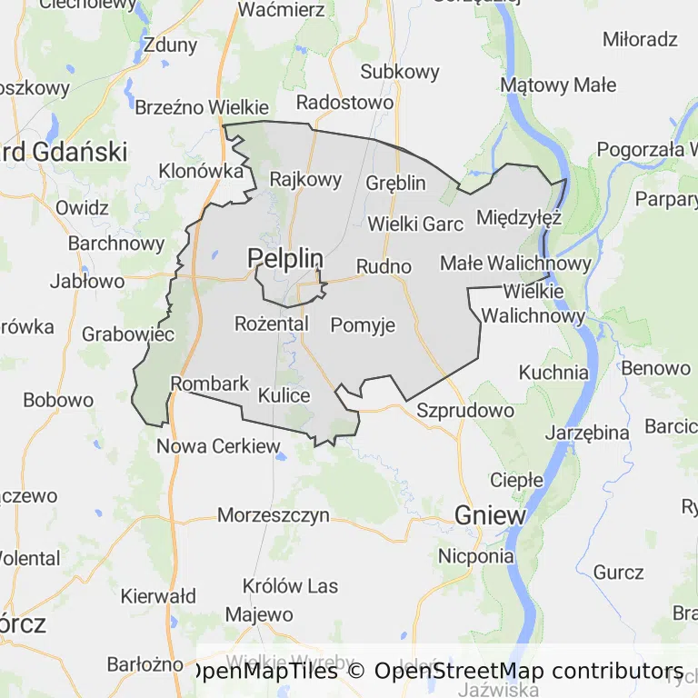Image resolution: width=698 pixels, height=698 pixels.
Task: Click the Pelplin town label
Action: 285,259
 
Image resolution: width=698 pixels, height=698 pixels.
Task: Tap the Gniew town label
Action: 491,515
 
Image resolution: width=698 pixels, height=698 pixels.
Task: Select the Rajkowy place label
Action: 305,179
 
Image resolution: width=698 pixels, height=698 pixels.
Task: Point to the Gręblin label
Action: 395,183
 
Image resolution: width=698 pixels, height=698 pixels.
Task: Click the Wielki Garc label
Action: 415,223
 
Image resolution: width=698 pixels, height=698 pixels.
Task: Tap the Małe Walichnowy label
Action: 515,263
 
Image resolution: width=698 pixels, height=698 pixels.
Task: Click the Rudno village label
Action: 384,266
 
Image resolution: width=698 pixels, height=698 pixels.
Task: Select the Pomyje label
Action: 363,324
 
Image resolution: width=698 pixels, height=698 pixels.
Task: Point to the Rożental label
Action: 272,323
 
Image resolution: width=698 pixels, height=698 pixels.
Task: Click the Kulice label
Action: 284,395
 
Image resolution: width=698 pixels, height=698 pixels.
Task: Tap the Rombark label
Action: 210,384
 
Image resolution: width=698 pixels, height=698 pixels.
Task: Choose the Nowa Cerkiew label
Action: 218,446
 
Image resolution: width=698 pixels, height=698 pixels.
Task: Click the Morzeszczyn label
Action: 273,515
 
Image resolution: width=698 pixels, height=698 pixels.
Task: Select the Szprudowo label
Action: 465,410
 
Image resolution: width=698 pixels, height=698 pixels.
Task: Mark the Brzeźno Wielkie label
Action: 202,106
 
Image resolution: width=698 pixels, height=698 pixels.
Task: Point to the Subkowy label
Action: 400,72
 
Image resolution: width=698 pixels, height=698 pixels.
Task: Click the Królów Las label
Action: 291,586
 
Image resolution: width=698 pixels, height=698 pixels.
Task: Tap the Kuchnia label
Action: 553,372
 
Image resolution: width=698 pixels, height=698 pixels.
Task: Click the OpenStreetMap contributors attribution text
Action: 529,671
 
